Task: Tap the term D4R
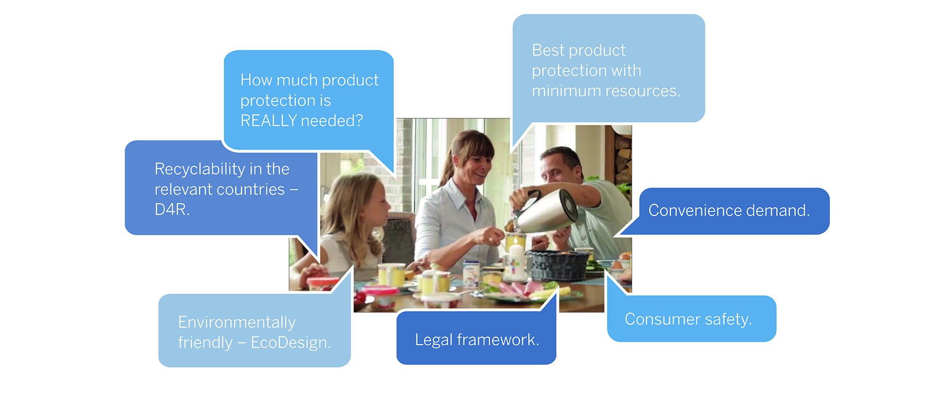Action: (x=172, y=209)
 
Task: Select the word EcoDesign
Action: (x=290, y=343)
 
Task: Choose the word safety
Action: (x=728, y=320)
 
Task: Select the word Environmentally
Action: (x=237, y=323)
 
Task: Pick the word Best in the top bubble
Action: (x=547, y=50)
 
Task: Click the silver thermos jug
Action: (x=547, y=211)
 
